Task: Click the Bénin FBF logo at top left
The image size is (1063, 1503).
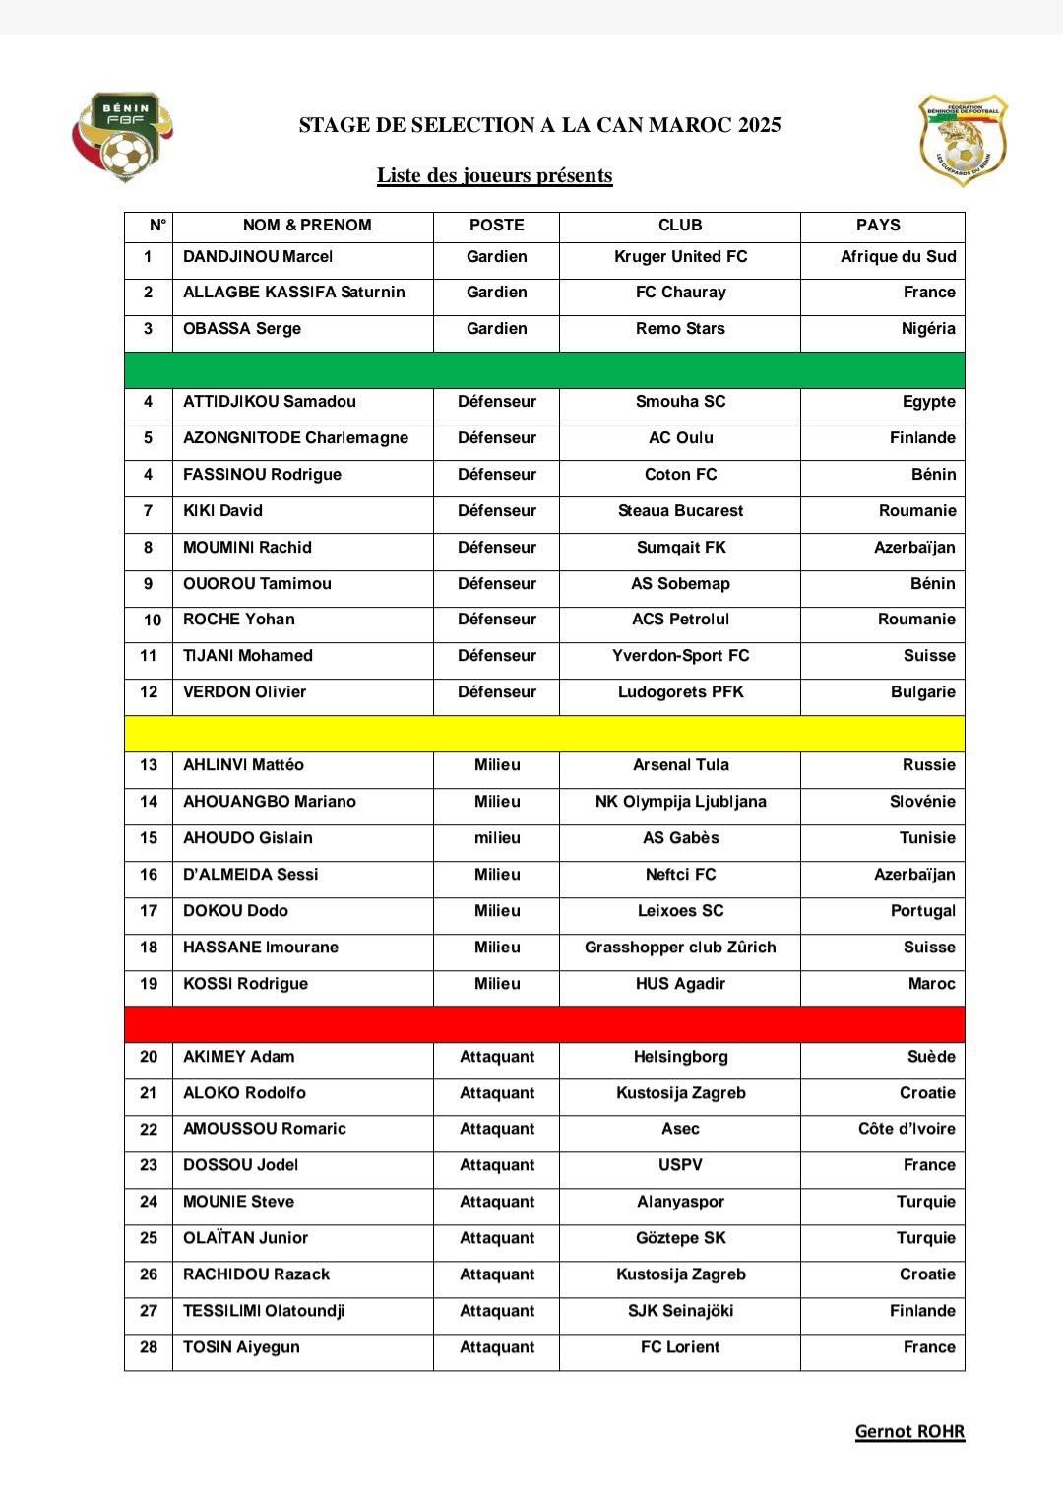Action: pos(123,138)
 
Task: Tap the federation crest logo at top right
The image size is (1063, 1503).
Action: pos(963,140)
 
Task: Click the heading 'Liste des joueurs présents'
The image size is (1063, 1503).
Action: pos(494,176)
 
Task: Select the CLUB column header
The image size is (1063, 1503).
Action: pos(680,226)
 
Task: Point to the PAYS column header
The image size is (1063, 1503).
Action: pos(878,226)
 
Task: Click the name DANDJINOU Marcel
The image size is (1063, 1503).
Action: pos(258,257)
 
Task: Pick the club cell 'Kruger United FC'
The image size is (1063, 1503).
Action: pos(680,257)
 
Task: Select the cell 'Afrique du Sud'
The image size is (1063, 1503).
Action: pos(898,257)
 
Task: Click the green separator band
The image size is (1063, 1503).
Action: pos(544,370)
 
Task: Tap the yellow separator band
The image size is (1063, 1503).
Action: pos(544,734)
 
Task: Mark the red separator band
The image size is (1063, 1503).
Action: pos(544,1024)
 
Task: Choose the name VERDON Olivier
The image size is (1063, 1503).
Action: pos(244,692)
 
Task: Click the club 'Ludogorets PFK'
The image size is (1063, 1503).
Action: pos(680,692)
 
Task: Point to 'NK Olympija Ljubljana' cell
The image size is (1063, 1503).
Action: pos(680,802)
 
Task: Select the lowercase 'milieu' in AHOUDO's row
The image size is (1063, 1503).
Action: pos(497,838)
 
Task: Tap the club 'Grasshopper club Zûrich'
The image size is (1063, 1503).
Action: pos(680,948)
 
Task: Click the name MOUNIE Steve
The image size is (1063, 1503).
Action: pos(238,1202)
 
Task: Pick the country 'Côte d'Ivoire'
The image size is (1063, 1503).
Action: pos(907,1129)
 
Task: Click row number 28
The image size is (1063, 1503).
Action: pos(149,1347)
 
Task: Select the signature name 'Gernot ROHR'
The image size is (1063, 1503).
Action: pos(909,1432)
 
